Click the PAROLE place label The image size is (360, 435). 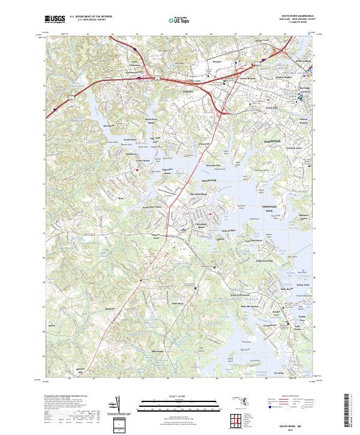(x=189, y=91)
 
